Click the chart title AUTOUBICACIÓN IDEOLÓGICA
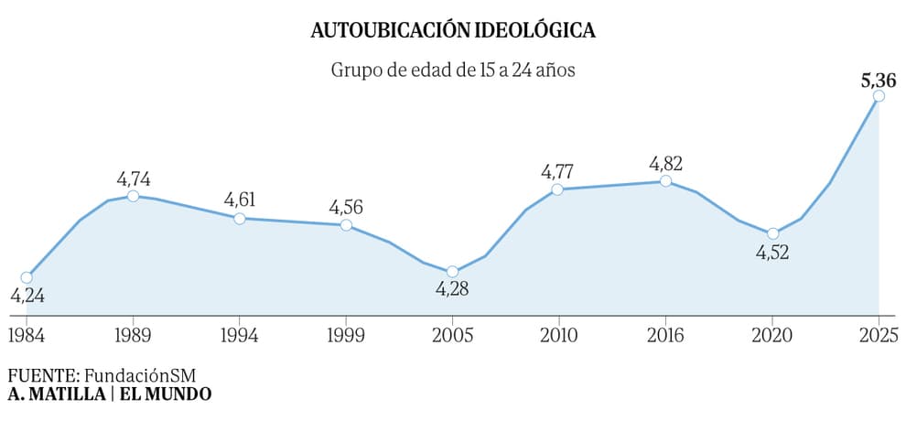(453, 31)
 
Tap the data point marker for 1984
(27, 277)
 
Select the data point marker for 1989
(134, 196)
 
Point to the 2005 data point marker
(452, 272)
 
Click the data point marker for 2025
(879, 96)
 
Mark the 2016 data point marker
(665, 181)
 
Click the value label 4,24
(27, 296)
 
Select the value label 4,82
(666, 165)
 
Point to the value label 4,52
(772, 253)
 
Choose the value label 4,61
(240, 200)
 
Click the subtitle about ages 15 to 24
(453, 70)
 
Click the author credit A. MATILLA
(53, 394)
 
